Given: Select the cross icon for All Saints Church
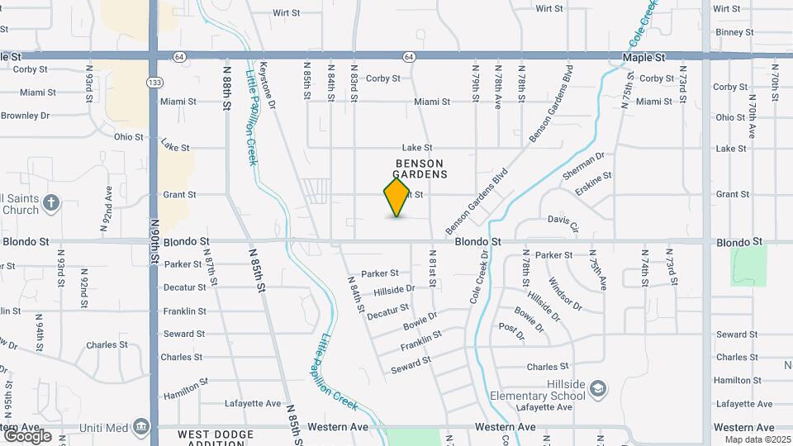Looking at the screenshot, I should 50,202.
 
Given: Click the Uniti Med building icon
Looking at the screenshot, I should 141,427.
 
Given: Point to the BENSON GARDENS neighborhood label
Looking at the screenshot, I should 420,169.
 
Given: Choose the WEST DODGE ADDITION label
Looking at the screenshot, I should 212,438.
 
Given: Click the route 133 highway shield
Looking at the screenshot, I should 154,83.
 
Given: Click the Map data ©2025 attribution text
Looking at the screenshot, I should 757,439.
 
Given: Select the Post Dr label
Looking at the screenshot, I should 512,331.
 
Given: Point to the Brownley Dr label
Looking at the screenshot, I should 26,116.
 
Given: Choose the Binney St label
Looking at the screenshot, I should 734,32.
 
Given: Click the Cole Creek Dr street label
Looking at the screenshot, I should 479,278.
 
